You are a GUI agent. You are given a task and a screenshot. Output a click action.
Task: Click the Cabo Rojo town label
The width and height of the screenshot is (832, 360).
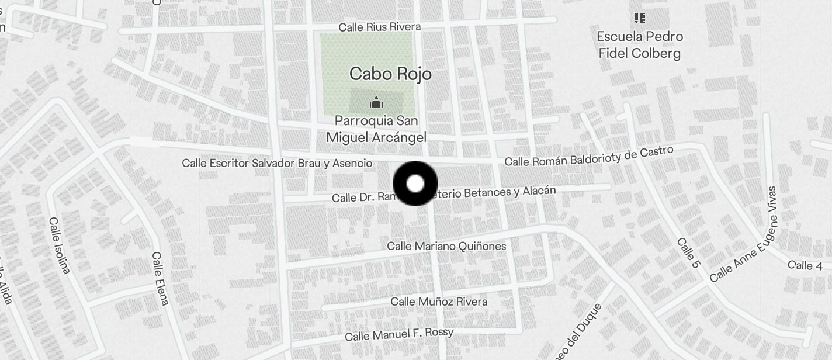(390, 74)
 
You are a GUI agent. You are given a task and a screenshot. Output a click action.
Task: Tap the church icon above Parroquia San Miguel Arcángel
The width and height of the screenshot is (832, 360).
(376, 103)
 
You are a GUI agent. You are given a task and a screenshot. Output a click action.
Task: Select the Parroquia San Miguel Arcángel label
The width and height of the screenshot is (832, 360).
(376, 129)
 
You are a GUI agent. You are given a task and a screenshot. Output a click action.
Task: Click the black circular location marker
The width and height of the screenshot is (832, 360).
(415, 184)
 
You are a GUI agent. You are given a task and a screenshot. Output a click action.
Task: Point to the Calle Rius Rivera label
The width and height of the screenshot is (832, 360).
(379, 27)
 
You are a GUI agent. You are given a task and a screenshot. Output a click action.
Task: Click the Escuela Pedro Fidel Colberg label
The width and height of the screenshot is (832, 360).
(640, 45)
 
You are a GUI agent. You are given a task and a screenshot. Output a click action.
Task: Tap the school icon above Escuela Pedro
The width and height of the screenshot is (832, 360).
(640, 18)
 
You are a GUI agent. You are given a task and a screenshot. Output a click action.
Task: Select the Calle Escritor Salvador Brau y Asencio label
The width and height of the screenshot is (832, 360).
(277, 163)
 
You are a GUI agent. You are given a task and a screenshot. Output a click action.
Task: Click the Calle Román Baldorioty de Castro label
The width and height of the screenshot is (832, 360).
(588, 157)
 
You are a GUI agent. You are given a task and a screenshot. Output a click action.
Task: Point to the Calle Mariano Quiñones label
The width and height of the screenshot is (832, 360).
(446, 246)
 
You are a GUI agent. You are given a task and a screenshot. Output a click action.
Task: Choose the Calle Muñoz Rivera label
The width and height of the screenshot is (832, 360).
(439, 302)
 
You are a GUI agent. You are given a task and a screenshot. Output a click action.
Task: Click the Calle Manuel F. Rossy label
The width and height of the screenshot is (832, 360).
(399, 334)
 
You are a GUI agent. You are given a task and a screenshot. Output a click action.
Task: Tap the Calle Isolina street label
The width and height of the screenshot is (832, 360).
(60, 245)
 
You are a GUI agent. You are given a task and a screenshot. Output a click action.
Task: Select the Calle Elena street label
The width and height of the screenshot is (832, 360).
(160, 278)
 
